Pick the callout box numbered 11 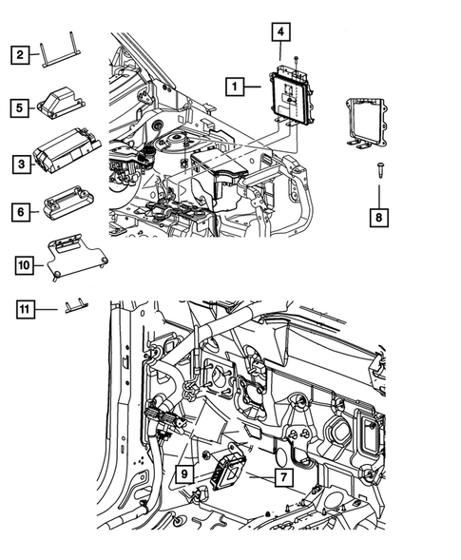tap(22, 307)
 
